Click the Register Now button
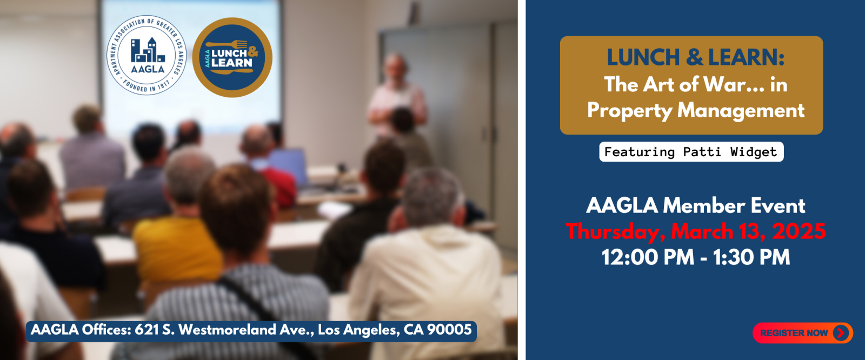[x=802, y=332]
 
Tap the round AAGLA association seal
[x=147, y=55]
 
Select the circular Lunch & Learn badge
[x=232, y=57]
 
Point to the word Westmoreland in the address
[x=228, y=330]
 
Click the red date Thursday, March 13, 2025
[x=695, y=231]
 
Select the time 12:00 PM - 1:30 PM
[x=695, y=257]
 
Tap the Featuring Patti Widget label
[x=691, y=152]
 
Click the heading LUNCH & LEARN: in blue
[x=695, y=57]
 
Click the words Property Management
[x=695, y=110]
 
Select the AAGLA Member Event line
[x=695, y=205]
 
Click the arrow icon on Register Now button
[x=841, y=332]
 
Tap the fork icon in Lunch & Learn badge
[x=227, y=44]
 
